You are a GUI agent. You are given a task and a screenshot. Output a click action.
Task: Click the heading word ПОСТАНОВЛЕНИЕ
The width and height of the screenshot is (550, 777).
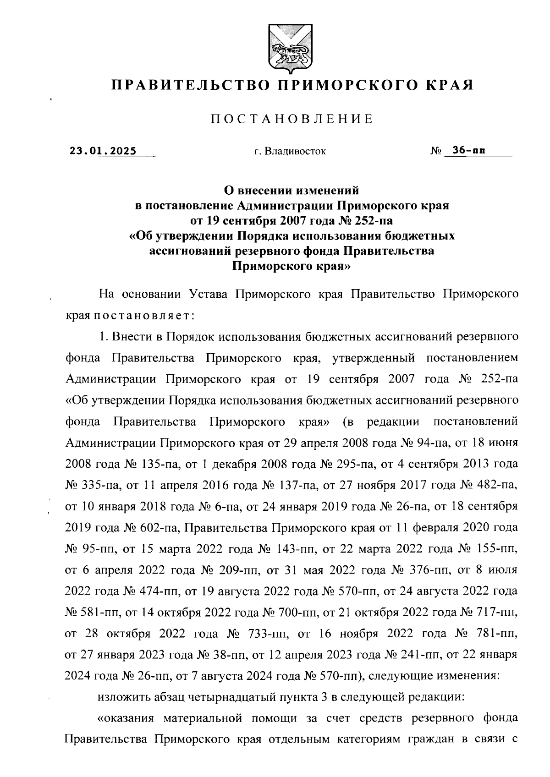(x=292, y=119)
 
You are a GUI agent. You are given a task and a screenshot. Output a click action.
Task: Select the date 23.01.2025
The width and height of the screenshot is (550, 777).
(x=103, y=150)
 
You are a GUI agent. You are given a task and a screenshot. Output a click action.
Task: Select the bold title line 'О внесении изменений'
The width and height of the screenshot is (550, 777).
(x=291, y=189)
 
